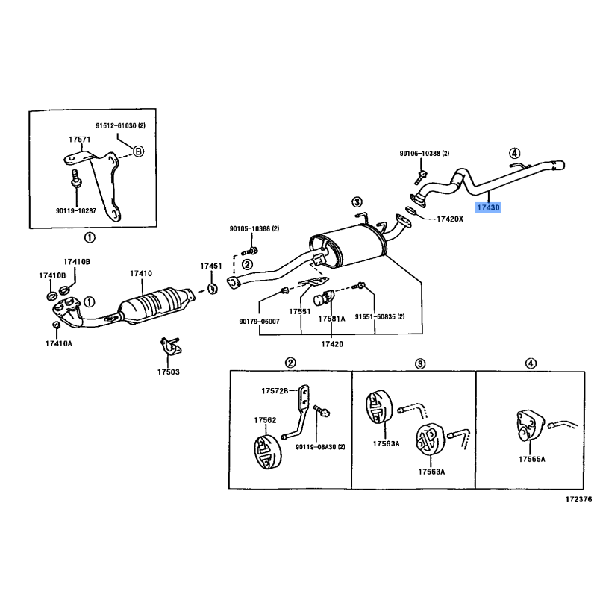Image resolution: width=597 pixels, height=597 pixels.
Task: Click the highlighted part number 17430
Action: click(488, 207)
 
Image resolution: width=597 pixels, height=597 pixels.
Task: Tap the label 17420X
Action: click(450, 219)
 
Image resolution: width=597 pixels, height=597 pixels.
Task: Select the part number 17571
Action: click(80, 140)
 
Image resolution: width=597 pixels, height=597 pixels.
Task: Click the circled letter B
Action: click(138, 151)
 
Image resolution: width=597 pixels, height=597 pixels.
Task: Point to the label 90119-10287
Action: click(76, 210)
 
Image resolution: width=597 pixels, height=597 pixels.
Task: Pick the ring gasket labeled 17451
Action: click(213, 289)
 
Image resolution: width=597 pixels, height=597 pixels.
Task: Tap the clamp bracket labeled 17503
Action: click(169, 346)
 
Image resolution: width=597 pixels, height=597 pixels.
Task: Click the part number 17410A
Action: click(59, 343)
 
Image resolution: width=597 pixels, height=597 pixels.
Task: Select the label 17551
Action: click(300, 311)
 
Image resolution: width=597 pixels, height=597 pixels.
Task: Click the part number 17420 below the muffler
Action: click(332, 344)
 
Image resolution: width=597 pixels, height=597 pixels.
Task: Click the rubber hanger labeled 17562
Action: click(268, 452)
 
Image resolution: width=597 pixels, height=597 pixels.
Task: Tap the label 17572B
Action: click(275, 390)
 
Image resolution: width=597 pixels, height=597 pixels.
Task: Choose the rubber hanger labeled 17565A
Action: click(531, 426)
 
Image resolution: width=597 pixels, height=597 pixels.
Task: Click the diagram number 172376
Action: click(579, 499)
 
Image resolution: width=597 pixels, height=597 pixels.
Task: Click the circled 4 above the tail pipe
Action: click(514, 153)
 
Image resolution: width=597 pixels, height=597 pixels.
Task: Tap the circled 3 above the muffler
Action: click(357, 201)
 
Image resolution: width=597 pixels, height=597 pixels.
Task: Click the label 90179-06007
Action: click(259, 322)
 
